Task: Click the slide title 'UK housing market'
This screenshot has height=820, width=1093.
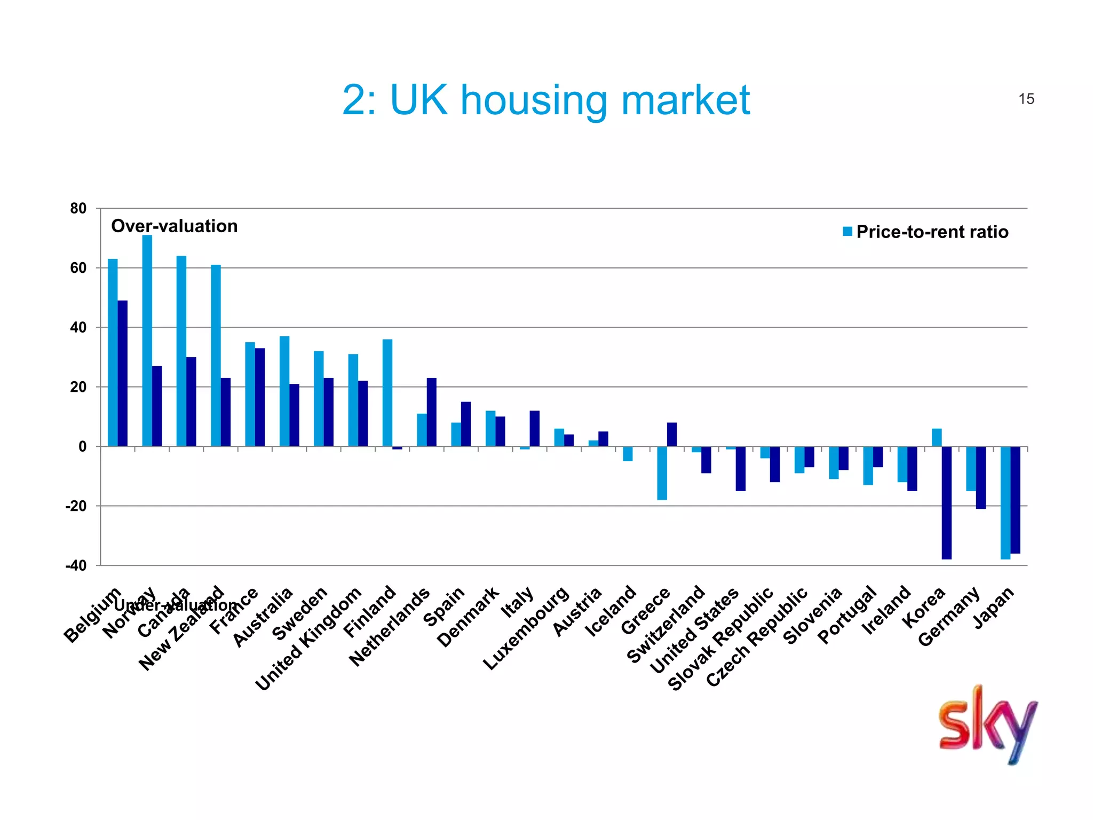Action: pos(545,100)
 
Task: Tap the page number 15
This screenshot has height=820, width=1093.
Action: pos(1026,99)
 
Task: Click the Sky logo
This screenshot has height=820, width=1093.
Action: pos(988,724)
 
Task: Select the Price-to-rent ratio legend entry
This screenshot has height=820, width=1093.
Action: pos(925,232)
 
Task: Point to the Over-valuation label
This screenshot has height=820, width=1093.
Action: pos(174,226)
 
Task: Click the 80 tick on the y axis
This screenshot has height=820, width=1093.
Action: pos(78,209)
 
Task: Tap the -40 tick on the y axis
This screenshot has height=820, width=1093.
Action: pos(76,565)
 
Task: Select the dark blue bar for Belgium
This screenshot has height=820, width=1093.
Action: pos(123,373)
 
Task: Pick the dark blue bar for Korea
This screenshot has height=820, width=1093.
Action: pos(946,502)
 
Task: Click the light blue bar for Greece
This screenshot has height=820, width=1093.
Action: pos(662,473)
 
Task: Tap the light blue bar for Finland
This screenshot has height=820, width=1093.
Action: pos(387,392)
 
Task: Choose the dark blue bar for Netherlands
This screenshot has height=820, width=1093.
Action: pos(432,412)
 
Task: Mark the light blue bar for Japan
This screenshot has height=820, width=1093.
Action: pos(1005,502)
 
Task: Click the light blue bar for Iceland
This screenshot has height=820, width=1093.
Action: pos(628,454)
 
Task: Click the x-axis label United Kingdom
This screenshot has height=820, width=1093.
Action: pos(308,638)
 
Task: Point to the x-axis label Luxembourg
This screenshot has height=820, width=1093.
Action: pos(526,628)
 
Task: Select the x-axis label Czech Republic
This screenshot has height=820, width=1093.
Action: pos(757,636)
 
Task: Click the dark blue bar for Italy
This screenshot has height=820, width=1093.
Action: pos(535,428)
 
